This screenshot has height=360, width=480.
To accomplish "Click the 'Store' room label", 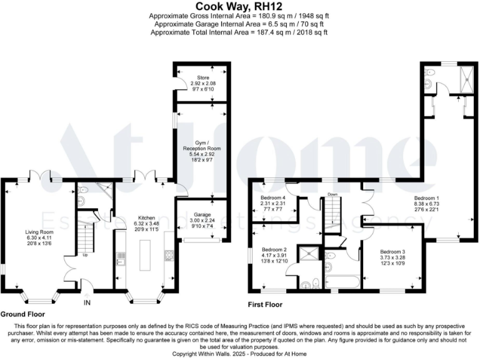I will [203, 78].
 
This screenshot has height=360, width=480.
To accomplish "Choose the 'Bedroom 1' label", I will [427, 197].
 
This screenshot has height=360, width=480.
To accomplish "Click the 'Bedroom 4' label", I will [272, 197].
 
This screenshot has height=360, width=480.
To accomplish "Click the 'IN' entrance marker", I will [87, 302].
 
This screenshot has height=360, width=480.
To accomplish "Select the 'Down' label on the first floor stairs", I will [332, 194].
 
